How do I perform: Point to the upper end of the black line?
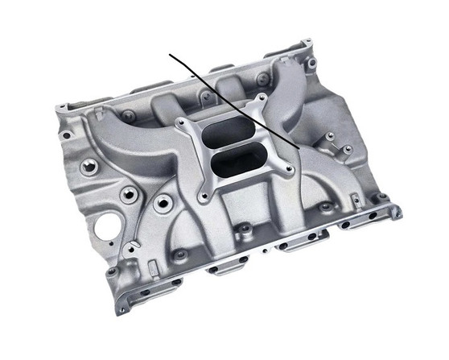pyautogui.click(x=170, y=55)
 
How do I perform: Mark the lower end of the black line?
pyautogui.click(x=301, y=151)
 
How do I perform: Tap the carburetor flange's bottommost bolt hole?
pyautogui.click(x=208, y=196)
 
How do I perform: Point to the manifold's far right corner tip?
pyautogui.click(x=398, y=212)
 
